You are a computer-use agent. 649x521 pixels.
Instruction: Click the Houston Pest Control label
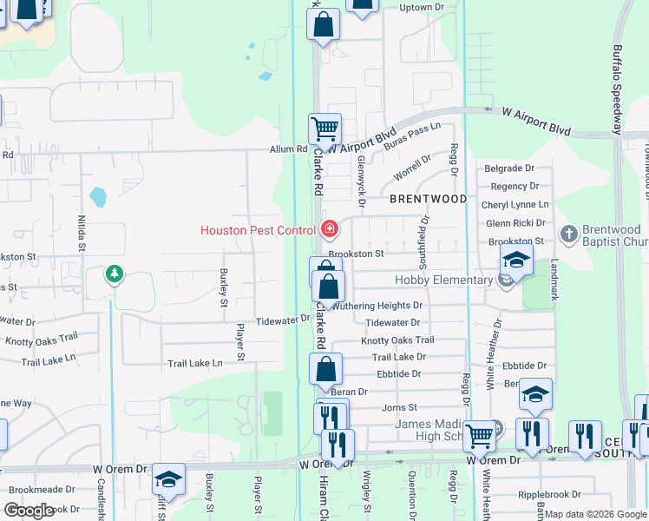258,230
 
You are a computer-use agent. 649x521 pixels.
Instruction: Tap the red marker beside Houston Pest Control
329,230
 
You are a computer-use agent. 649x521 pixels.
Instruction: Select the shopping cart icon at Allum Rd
324,129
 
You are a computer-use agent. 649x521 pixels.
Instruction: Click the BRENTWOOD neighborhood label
428,199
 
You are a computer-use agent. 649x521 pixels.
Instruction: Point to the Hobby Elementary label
443,280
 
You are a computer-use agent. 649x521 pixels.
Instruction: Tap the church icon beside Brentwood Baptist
567,233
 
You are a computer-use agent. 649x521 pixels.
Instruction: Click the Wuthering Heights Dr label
378,306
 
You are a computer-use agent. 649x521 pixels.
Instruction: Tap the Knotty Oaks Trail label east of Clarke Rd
397,340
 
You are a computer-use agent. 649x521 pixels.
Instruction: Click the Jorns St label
399,407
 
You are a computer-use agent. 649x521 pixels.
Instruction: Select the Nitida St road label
82,234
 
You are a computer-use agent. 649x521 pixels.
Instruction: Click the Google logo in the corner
29,511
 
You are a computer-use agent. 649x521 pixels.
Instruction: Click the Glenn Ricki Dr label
517,223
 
